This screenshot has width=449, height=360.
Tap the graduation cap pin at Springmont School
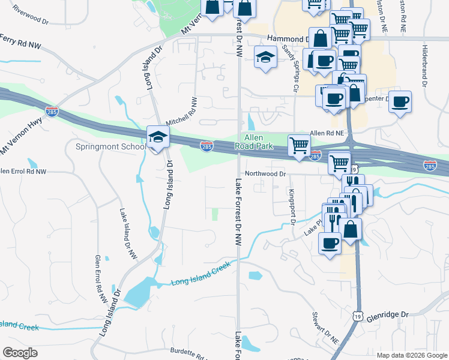[x=157, y=137]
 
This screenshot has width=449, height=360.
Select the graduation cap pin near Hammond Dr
[x=265, y=58]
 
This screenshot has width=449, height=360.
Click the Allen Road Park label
[x=258, y=142]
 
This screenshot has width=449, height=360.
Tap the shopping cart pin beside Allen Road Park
[x=299, y=145]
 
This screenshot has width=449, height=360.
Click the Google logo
[x=20, y=353]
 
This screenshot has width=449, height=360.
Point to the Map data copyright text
[x=412, y=355]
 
